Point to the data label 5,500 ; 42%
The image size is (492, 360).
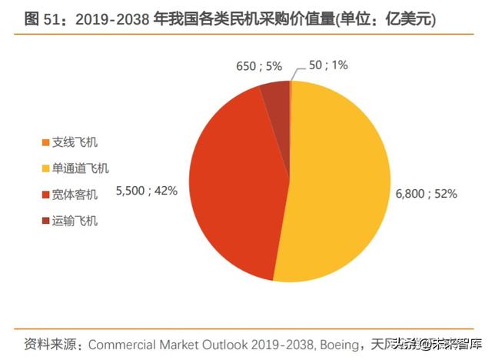[146, 189]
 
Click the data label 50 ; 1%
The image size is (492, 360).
[327, 65]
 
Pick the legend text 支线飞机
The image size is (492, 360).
[75, 142]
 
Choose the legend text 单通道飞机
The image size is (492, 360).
[80, 168]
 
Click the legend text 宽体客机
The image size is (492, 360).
[75, 195]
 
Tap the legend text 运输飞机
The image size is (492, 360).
[75, 222]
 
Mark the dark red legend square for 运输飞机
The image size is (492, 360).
[45, 222]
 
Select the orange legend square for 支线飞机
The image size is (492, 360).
[45, 143]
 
